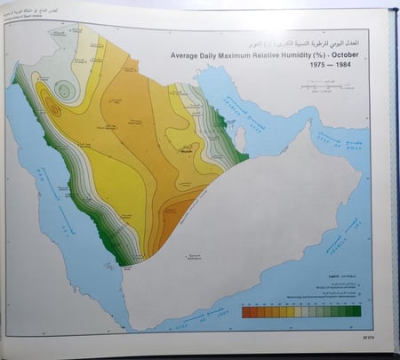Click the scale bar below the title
(x=321, y=87)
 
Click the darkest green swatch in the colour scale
(x=354, y=312)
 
